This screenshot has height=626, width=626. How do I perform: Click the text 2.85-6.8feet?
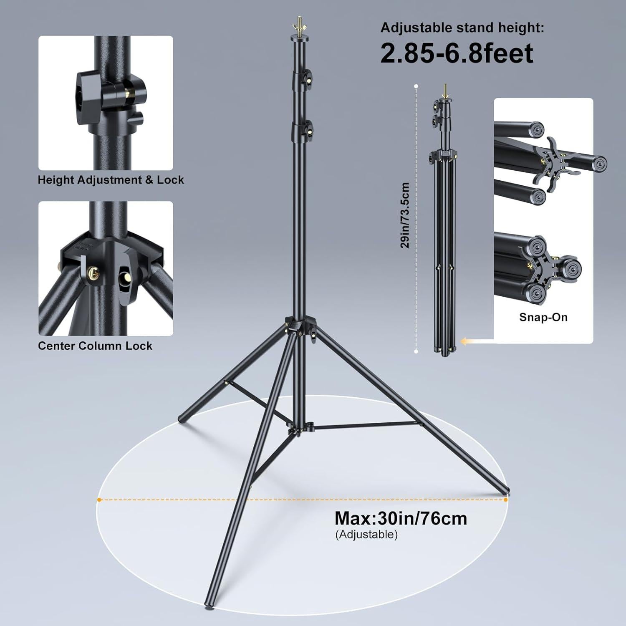click(457, 53)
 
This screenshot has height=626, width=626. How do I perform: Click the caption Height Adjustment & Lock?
click(111, 180)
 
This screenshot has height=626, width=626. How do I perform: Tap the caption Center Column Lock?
click(95, 346)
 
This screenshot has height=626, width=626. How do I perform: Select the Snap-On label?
click(543, 317)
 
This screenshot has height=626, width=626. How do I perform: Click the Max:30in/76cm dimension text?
click(401, 518)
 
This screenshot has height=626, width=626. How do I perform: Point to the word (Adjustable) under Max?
click(366, 534)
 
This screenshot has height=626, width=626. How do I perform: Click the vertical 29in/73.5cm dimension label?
click(405, 215)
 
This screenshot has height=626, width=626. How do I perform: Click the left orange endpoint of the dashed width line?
click(99, 500)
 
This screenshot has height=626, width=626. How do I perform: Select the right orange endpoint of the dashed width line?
click(506, 500)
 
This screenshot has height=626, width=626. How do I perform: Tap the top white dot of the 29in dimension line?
click(416, 86)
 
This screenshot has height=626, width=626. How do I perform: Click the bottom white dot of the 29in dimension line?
click(416, 352)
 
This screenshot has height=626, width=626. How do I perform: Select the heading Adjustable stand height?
click(462, 28)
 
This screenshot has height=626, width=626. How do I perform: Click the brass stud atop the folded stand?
click(445, 90)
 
